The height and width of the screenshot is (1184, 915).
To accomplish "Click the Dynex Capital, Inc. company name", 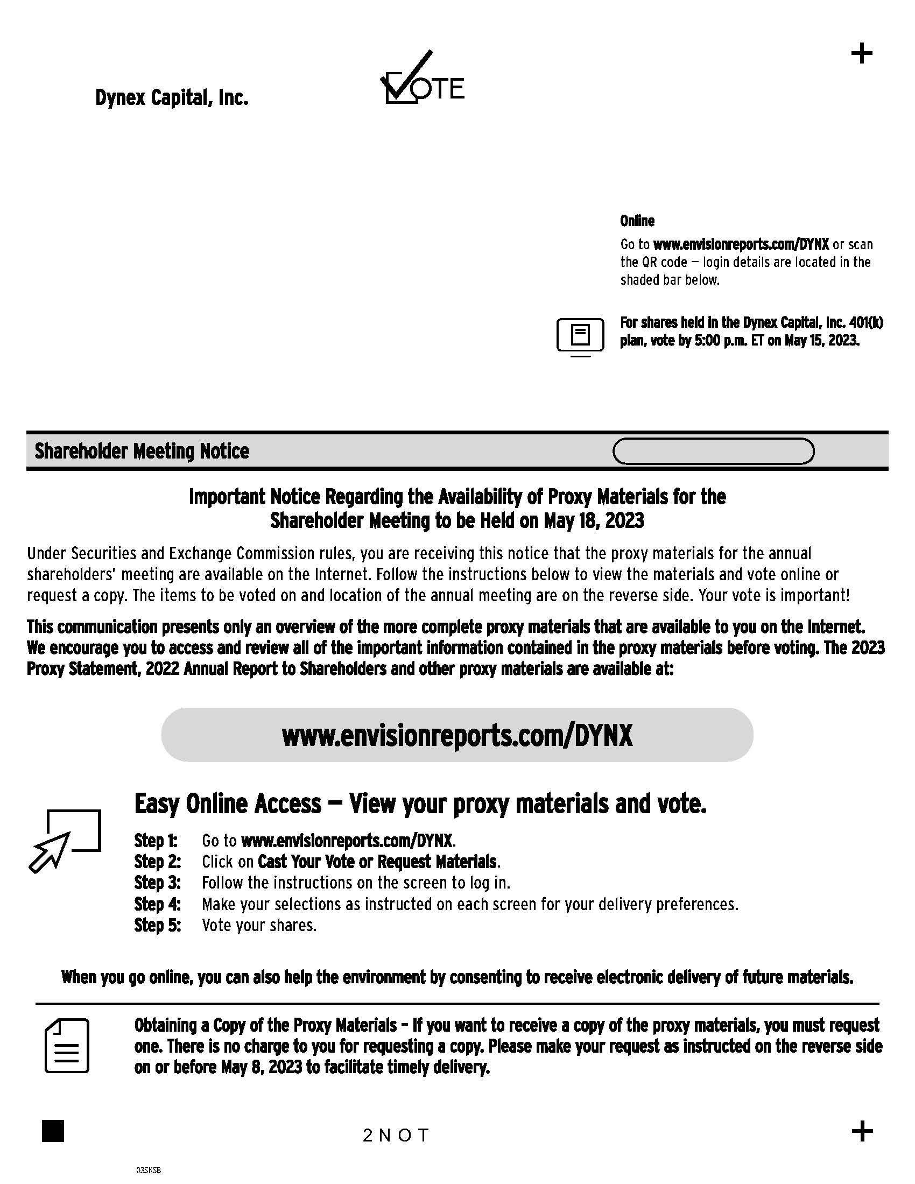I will (172, 98).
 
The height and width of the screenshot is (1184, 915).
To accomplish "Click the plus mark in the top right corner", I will (861, 54).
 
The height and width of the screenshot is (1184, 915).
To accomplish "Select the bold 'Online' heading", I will (637, 221).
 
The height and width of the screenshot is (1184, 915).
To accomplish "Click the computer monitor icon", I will (580, 336).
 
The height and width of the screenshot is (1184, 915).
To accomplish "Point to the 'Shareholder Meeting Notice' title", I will (142, 451).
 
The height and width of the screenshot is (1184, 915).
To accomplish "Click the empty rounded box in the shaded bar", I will (713, 451).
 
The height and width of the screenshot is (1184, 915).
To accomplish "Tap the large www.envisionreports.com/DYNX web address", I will (457, 735).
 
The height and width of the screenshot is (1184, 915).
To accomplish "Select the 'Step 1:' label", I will (156, 841).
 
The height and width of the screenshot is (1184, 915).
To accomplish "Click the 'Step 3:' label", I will (157, 883).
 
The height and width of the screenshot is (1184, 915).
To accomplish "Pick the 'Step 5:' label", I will (157, 926).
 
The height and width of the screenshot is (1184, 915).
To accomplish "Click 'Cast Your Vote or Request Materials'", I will (378, 862).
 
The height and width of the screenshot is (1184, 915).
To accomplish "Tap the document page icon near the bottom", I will (67, 1046).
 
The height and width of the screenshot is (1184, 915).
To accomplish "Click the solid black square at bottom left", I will (53, 1131).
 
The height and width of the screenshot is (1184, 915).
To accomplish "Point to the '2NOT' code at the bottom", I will (396, 1135).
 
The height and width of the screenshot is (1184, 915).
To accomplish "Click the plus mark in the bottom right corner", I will (862, 1131).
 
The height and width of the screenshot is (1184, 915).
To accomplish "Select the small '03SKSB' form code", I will (148, 1170).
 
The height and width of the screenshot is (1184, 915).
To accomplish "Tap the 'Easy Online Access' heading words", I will (228, 804).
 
